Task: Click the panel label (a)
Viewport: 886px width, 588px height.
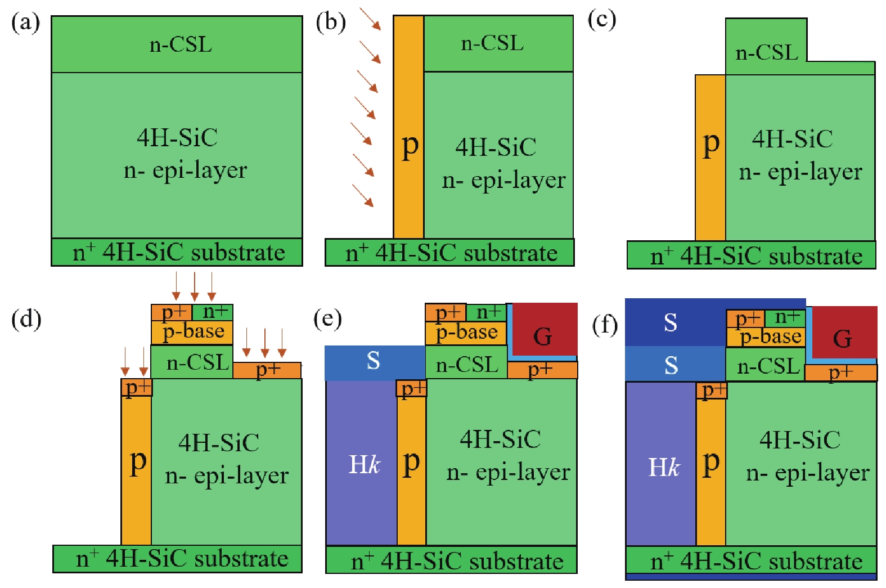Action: point(25,23)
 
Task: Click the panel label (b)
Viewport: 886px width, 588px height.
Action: point(330,23)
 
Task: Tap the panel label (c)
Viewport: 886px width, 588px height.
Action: point(601,20)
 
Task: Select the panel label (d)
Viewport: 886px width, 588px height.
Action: point(26,319)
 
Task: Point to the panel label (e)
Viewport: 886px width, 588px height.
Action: point(327,319)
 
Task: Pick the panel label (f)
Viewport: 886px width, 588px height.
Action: point(605,325)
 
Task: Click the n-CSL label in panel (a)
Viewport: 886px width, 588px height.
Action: point(181,44)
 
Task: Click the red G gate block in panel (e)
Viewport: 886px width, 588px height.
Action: point(543,332)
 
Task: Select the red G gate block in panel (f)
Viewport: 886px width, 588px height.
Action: point(843,334)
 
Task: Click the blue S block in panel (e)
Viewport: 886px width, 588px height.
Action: point(374,361)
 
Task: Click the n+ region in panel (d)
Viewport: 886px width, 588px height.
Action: point(213,312)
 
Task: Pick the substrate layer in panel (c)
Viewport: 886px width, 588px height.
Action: point(752,255)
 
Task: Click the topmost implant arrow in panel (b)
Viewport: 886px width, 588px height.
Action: point(370,19)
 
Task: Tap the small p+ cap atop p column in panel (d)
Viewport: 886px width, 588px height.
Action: point(137,387)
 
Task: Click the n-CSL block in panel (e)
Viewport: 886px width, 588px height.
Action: point(466,364)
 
